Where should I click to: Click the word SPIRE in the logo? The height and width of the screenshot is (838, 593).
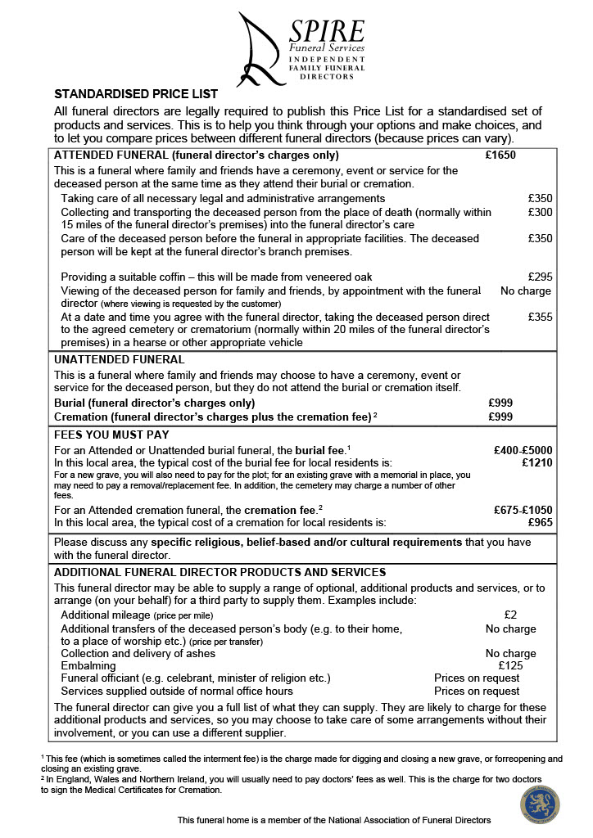point(326,32)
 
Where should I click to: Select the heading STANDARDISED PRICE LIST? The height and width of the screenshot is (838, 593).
point(136,94)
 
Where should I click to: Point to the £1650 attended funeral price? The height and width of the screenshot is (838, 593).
point(500,155)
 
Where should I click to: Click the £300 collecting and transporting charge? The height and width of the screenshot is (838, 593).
point(540,212)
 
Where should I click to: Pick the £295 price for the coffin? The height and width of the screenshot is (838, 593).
point(540,277)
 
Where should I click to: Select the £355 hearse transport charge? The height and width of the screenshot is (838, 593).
point(540,317)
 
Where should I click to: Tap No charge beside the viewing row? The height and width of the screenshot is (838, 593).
point(525,291)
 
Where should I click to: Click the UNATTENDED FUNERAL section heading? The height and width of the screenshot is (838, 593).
point(119,359)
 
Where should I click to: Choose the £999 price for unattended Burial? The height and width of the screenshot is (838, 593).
point(500,403)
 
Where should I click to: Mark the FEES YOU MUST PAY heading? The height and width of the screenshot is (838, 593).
point(111,435)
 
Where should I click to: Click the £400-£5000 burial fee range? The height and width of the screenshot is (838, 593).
point(523,449)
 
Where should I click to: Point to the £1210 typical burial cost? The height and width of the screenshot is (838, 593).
point(536,462)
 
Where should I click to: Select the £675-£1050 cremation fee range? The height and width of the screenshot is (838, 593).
point(523,508)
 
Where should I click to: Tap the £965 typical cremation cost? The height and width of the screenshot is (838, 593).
point(540,521)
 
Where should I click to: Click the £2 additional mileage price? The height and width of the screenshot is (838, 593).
point(510,615)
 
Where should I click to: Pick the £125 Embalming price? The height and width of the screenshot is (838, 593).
point(510,665)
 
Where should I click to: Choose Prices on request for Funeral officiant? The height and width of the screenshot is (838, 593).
point(476,678)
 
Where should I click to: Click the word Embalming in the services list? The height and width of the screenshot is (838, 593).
point(88,665)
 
